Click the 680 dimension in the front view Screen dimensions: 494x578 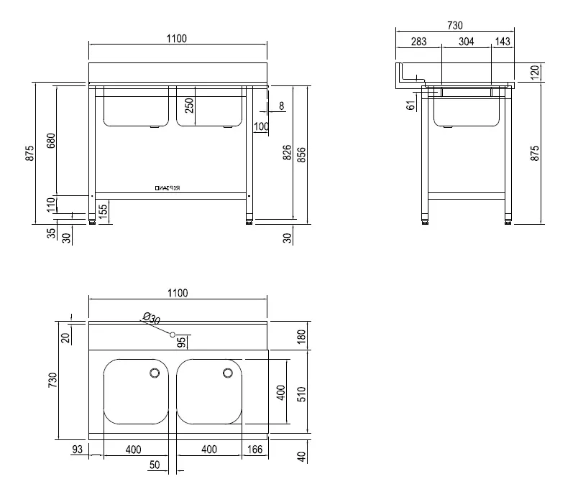pyautogui.click(x=50, y=140)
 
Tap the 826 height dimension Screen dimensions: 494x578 pyautogui.click(x=288, y=152)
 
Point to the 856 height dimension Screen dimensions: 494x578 pyautogui.click(x=302, y=152)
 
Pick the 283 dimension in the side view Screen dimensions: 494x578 pyautogui.click(x=418, y=42)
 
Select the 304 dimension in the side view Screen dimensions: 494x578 pyautogui.click(x=466, y=42)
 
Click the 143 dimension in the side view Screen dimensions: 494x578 pyautogui.click(x=503, y=42)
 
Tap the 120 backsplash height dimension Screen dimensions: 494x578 pyautogui.click(x=534, y=73)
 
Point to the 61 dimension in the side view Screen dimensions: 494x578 pyautogui.click(x=410, y=105)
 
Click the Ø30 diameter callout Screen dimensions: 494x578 pyautogui.click(x=151, y=317)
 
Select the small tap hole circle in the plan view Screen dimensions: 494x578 pyautogui.click(x=173, y=335)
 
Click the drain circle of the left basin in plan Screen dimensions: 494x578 pyautogui.click(x=154, y=373)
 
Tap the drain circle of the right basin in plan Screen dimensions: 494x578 pyautogui.click(x=228, y=373)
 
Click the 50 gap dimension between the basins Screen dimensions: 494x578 pyautogui.click(x=154, y=465)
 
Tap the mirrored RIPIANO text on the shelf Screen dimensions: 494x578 pyautogui.click(x=168, y=188)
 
